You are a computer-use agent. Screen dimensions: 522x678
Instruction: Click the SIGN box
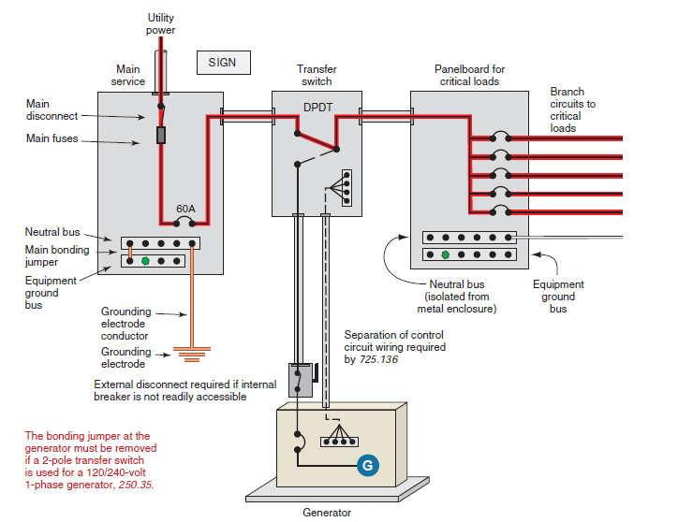pyautogui.click(x=223, y=63)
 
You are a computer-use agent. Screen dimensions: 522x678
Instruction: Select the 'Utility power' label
pyautogui.click(x=160, y=24)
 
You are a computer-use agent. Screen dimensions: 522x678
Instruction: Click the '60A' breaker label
pyautogui.click(x=186, y=208)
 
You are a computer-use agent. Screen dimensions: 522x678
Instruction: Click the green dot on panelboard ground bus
pyautogui.click(x=446, y=254)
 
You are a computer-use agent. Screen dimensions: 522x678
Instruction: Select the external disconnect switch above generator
pyautogui.click(x=299, y=380)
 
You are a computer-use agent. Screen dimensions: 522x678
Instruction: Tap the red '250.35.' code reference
pyautogui.click(x=136, y=486)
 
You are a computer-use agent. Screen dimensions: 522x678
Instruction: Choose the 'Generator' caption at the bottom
pyautogui.click(x=327, y=513)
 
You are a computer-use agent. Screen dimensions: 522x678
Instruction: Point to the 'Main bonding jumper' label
pyautogui.click(x=57, y=255)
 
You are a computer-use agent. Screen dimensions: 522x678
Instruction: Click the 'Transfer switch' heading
pyautogui.click(x=317, y=75)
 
